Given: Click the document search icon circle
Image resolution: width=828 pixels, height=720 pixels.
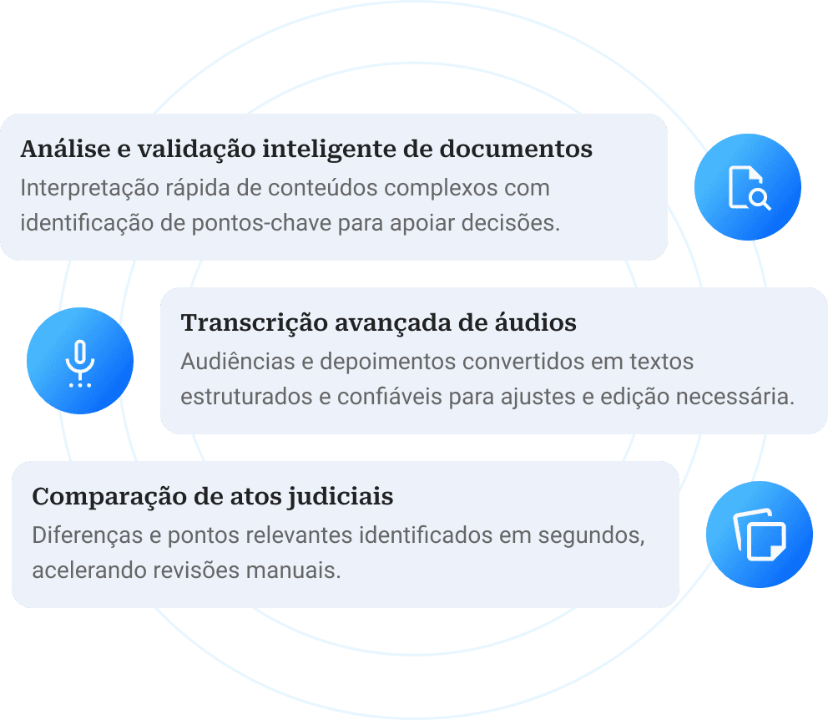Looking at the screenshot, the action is [x=748, y=186].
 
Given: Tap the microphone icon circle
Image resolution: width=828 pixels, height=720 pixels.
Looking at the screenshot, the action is [x=80, y=361].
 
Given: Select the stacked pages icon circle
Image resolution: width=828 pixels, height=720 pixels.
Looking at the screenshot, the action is [x=759, y=534].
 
